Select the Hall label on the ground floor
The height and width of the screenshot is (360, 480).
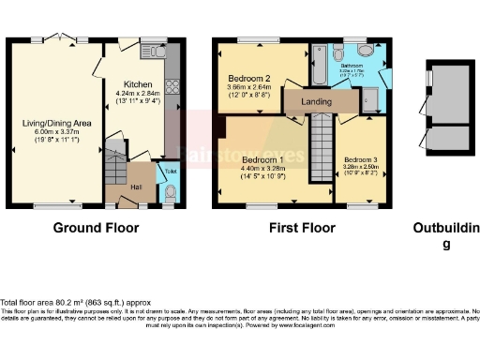(x=134, y=187)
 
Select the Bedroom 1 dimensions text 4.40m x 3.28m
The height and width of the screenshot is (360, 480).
(x=262, y=170)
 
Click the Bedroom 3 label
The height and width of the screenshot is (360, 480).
(x=361, y=161)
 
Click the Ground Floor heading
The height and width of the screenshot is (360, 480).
(x=96, y=228)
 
